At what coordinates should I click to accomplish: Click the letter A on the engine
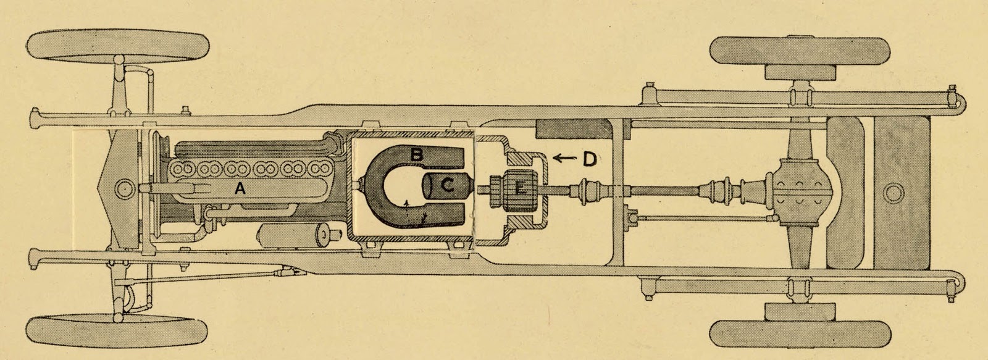click(240, 191)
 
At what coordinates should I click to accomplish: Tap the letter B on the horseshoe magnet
click(417, 155)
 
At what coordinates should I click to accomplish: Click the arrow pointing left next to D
click(564, 159)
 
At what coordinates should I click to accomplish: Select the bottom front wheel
click(117, 329)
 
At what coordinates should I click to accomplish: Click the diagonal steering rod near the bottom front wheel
click(204, 277)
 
